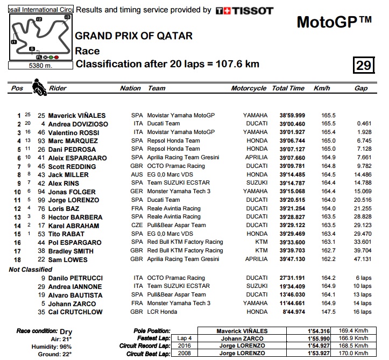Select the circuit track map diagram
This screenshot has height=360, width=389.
click(x=40, y=36)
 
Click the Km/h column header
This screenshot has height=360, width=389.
click(x=322, y=88)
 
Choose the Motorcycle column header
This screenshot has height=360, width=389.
click(x=249, y=88)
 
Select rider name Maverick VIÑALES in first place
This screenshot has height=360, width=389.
click(x=77, y=115)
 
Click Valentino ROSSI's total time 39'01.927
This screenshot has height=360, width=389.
click(x=292, y=132)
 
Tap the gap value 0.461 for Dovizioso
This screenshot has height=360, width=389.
click(x=364, y=124)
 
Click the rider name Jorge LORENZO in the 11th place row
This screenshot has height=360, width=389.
click(x=74, y=200)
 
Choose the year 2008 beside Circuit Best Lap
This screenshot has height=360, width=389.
click(x=185, y=354)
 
